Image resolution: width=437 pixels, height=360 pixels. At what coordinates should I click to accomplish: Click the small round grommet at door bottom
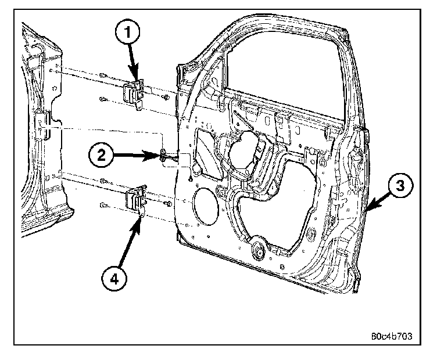pos(256,250)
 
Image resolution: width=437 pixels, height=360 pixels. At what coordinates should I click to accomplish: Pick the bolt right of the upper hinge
pos(166,97)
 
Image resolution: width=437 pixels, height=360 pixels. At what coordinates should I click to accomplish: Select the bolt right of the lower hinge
pos(167,204)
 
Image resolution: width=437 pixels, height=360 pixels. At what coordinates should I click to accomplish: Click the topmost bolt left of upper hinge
pos(102,75)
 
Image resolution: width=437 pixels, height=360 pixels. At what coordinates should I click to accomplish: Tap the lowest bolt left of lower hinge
pos(102,204)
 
